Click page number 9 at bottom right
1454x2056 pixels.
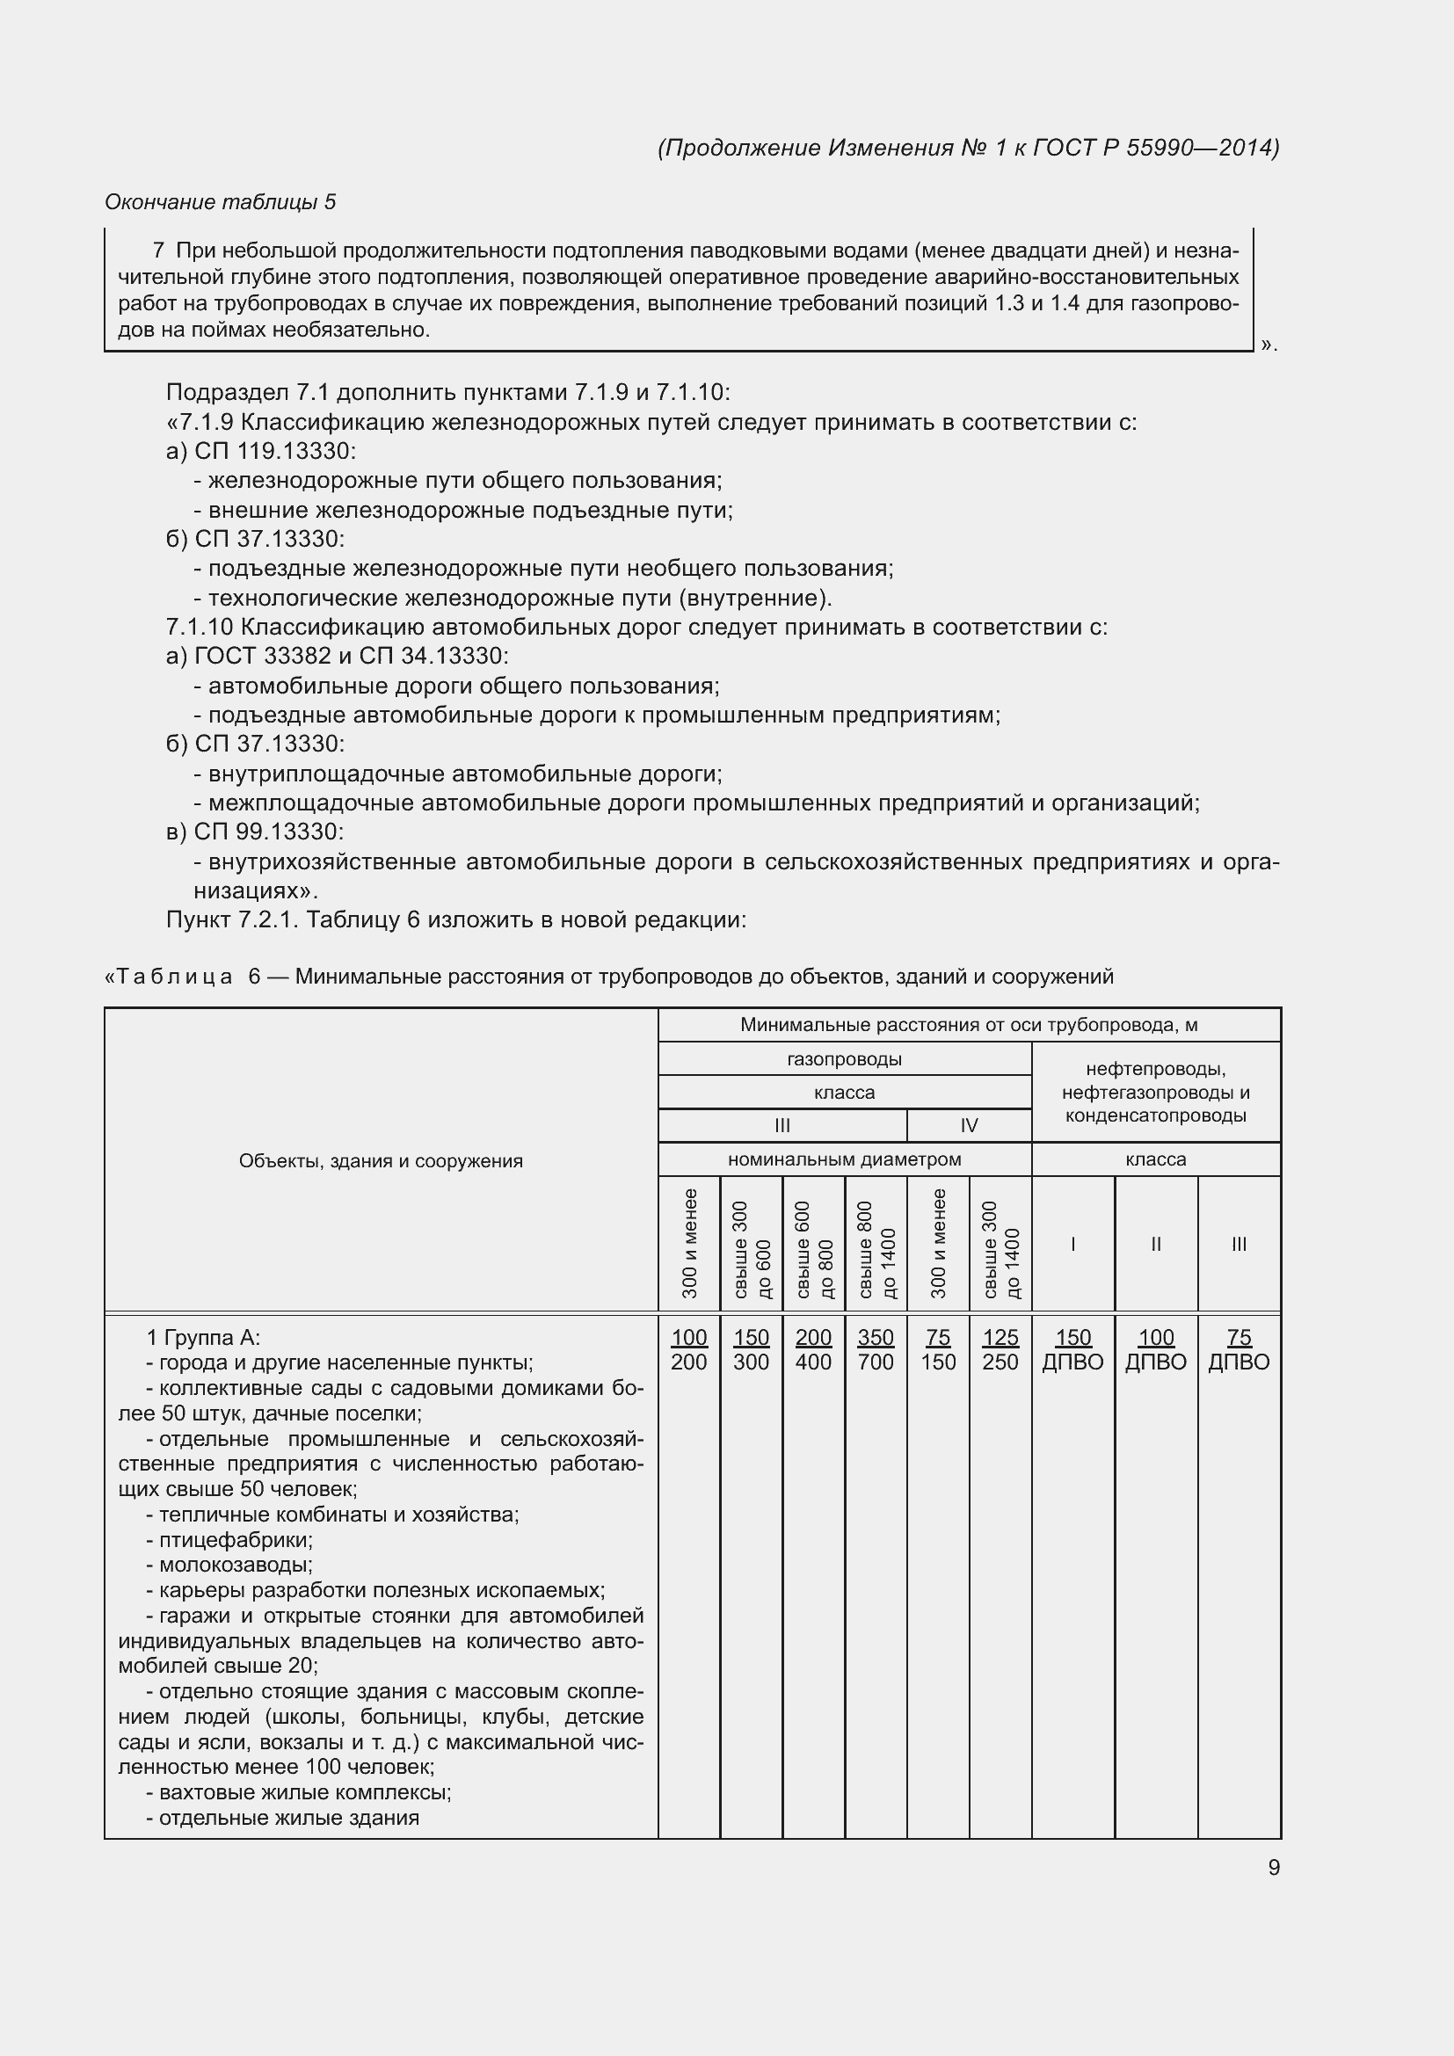coord(1273,1867)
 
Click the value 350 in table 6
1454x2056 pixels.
coord(875,1337)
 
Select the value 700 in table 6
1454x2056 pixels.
coord(875,1362)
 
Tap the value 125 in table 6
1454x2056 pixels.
coord(1000,1337)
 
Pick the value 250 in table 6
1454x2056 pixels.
coord(1000,1362)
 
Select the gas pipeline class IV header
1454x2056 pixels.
coord(968,1126)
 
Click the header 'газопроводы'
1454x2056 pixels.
coord(843,1059)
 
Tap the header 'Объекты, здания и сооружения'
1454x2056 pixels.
coord(381,1160)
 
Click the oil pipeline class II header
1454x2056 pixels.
coord(1155,1243)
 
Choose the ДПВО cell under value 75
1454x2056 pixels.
coord(1239,1362)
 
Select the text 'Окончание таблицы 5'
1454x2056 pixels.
coord(221,202)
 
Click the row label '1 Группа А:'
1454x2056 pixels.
coord(202,1338)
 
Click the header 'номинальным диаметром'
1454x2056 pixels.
coord(843,1159)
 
